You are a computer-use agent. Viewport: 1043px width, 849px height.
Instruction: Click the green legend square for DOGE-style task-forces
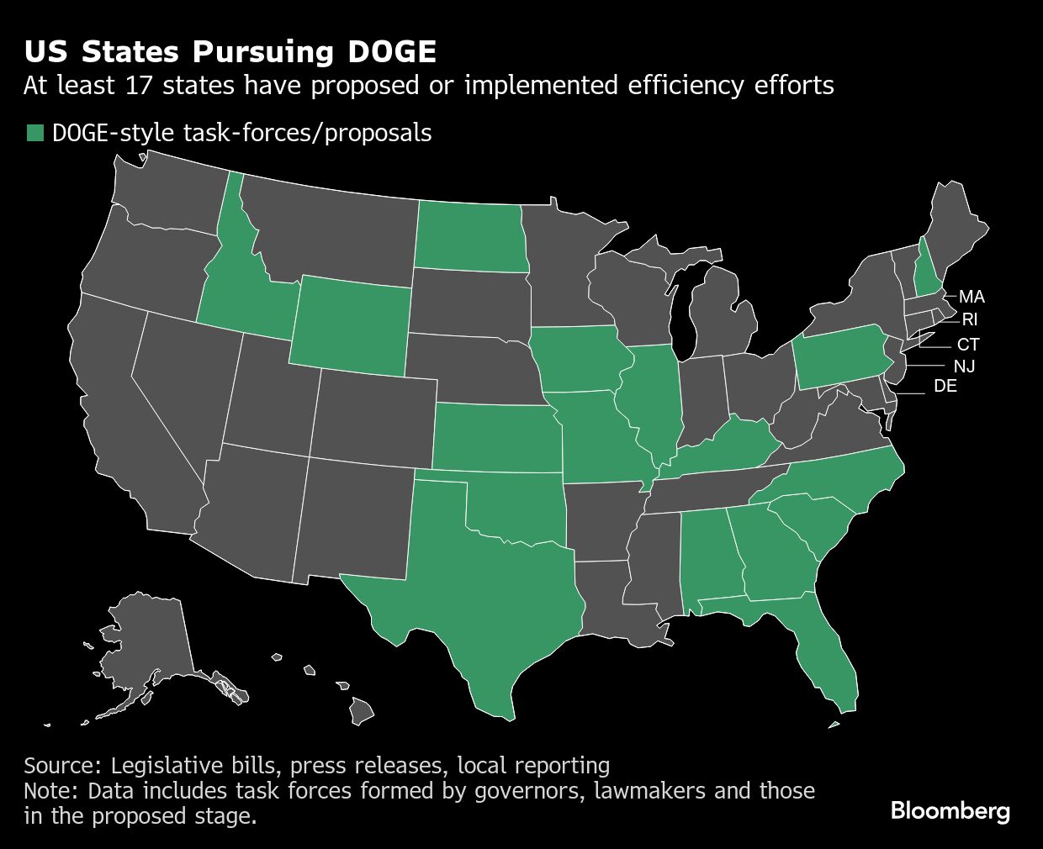click(x=34, y=133)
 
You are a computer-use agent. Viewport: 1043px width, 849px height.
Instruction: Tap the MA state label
click(x=972, y=297)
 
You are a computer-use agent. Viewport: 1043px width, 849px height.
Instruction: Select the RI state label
click(x=970, y=319)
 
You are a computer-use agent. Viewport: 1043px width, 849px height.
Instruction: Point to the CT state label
click(x=968, y=345)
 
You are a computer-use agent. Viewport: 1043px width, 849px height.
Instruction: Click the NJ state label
click(x=964, y=366)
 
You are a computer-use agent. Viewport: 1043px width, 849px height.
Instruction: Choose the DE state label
click(x=945, y=387)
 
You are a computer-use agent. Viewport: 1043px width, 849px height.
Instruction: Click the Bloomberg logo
click(x=950, y=811)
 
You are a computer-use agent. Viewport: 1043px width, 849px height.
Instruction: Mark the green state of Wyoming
click(x=351, y=324)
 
